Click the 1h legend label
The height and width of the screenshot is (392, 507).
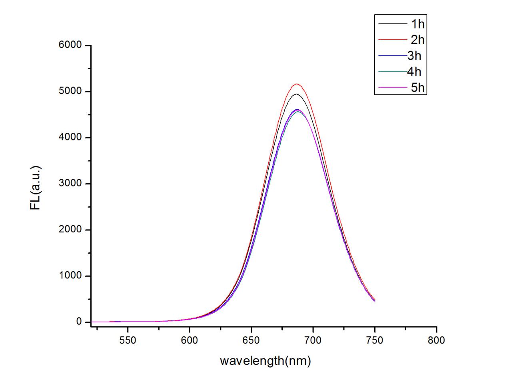(418, 24)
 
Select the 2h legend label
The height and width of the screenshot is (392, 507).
(418, 40)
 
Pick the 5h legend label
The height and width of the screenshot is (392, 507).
(418, 87)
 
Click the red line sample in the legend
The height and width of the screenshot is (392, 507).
(392, 40)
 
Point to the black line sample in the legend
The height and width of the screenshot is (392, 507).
(392, 24)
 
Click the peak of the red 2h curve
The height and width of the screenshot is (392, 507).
(297, 84)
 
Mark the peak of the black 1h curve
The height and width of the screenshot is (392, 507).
(296, 94)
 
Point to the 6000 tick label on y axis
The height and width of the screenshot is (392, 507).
(70, 46)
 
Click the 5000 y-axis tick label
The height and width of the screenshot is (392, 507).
(70, 92)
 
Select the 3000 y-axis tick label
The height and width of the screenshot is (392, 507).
(70, 184)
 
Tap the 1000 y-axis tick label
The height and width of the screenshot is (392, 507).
(70, 276)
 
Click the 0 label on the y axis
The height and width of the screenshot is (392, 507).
(79, 322)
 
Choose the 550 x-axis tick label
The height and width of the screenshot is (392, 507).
(128, 340)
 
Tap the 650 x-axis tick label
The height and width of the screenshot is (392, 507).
(251, 340)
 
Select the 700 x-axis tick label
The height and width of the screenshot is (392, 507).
(313, 340)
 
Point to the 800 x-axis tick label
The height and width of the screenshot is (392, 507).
(436, 340)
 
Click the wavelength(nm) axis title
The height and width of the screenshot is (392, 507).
(265, 361)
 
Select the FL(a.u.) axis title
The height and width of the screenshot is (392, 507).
(36, 188)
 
